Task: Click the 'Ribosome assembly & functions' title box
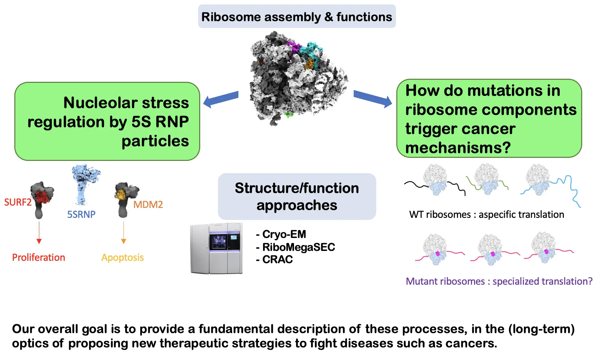click(297, 17)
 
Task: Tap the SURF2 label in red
click(17, 202)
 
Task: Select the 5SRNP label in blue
click(81, 214)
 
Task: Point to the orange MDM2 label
click(148, 205)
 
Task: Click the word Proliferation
click(39, 257)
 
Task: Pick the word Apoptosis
click(122, 257)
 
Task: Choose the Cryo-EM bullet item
click(281, 234)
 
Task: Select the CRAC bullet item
click(275, 259)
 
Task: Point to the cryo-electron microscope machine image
click(217, 248)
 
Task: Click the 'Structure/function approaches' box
click(297, 196)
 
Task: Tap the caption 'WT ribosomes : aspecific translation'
click(486, 214)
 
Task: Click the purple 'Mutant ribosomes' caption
click(499, 281)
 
